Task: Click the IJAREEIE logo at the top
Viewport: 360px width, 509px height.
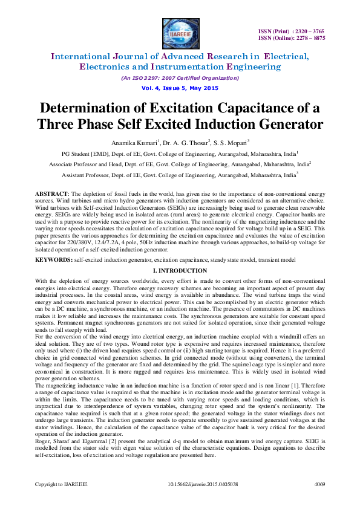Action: [180, 31]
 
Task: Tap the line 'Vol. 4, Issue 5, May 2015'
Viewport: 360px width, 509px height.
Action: [180, 88]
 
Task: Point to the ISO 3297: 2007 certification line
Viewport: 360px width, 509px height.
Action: [180, 78]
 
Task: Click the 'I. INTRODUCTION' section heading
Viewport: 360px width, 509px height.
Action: [180, 270]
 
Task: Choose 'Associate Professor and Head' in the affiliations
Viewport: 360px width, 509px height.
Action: [83, 164]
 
